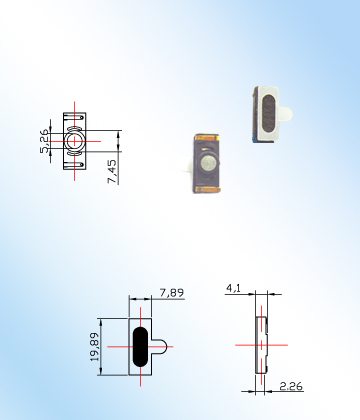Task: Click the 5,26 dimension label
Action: click(44, 141)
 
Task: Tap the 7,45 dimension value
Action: click(112, 171)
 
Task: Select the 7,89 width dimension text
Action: click(172, 293)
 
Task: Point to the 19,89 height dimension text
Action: click(95, 347)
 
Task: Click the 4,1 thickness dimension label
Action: click(234, 288)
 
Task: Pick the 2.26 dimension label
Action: click(291, 386)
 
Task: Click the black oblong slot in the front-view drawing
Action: click(140, 347)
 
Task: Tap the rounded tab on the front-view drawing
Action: click(160, 347)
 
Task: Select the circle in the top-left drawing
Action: click(74, 141)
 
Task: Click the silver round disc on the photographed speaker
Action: click(209, 162)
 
